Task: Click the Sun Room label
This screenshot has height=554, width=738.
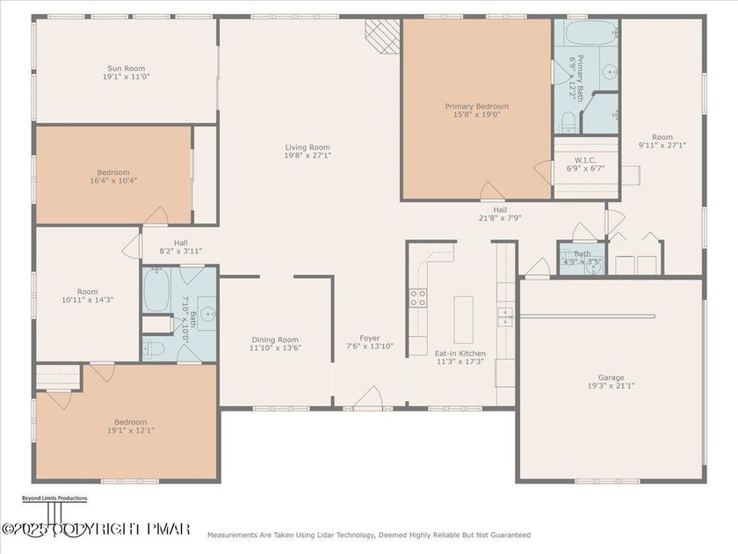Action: pos(126,69)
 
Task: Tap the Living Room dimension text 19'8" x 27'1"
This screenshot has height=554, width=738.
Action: pos(307,156)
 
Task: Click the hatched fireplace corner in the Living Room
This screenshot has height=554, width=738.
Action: pos(382,37)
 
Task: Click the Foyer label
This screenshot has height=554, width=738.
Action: pos(369,338)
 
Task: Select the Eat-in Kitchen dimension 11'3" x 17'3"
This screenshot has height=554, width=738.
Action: pos(459,361)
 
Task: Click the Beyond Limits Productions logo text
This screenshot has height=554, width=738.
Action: pos(54,499)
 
